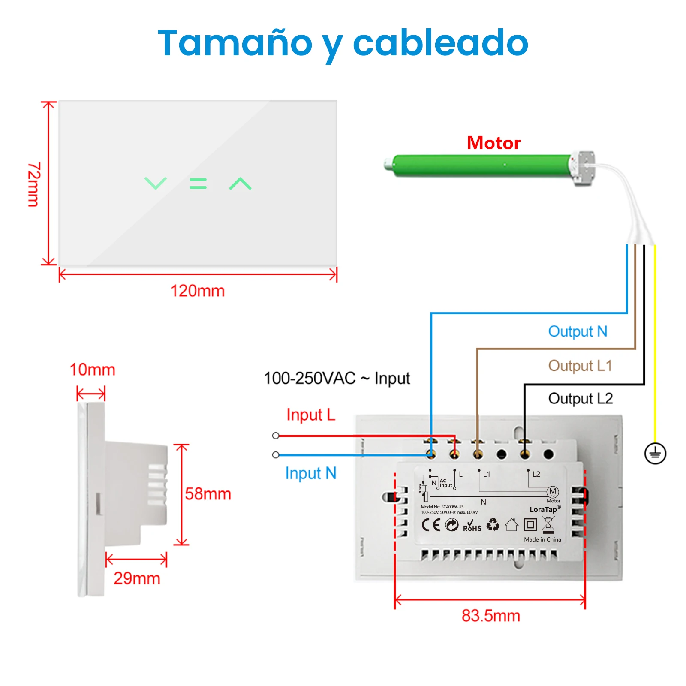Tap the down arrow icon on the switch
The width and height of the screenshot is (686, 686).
coord(155,183)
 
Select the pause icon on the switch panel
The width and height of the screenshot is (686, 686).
coord(198,184)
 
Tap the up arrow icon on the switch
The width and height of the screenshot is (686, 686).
coord(240,184)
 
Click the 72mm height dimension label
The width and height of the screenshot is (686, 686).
coord(34,184)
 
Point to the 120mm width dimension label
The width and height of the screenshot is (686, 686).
coord(198,291)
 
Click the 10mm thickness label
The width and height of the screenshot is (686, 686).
coord(93,370)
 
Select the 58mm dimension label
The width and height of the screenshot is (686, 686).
coord(208,494)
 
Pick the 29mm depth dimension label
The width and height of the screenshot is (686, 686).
coord(137,578)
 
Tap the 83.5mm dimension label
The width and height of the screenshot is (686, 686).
coord(491,616)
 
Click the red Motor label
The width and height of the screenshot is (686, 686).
coord(493,143)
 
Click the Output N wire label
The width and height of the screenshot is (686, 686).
coord(578,331)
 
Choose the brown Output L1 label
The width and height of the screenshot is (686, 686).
coord(580,366)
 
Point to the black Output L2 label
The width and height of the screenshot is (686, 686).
coord(581,399)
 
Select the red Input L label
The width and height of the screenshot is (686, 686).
coord(311,415)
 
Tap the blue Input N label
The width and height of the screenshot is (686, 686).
coord(311,473)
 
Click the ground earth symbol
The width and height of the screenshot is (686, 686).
coord(655,453)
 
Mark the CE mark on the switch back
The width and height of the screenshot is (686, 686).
coord(431,525)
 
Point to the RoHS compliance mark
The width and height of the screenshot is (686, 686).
coord(472,526)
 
